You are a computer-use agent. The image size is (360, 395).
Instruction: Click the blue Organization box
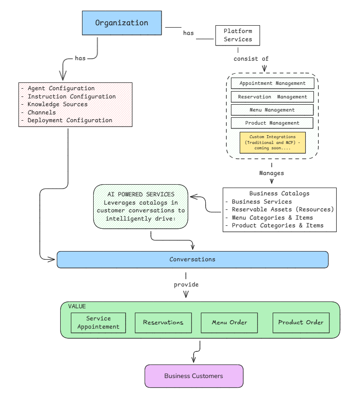pos(121,23)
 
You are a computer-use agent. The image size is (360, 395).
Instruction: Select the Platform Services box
pos(238,35)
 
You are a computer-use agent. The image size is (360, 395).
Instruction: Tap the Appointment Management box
pos(272,83)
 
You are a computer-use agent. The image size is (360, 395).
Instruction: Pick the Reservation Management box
pos(272,97)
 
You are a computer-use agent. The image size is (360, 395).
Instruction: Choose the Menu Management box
pos(272,110)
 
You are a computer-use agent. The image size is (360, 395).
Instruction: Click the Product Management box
pos(272,123)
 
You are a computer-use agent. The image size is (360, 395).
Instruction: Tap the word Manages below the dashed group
pos(271,173)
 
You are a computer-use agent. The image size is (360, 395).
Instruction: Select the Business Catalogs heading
pos(279,193)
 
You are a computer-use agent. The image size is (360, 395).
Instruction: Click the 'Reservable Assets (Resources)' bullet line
pos(283,209)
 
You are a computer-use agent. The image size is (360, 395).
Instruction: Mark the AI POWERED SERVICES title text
pos(141,194)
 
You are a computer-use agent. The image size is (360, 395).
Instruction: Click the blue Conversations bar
pos(192,259)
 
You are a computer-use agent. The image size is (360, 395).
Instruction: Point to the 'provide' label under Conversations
pos(186,284)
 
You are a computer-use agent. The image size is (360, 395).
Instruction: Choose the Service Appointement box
pos(98,322)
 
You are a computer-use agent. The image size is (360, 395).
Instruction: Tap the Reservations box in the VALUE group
pos(163,322)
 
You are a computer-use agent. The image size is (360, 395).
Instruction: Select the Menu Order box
pos(229,322)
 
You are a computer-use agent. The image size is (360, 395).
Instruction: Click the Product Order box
pos(301,322)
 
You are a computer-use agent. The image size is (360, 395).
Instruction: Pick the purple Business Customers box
pos(193,376)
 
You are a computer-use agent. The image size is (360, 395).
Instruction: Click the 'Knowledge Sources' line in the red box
pos(57,104)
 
